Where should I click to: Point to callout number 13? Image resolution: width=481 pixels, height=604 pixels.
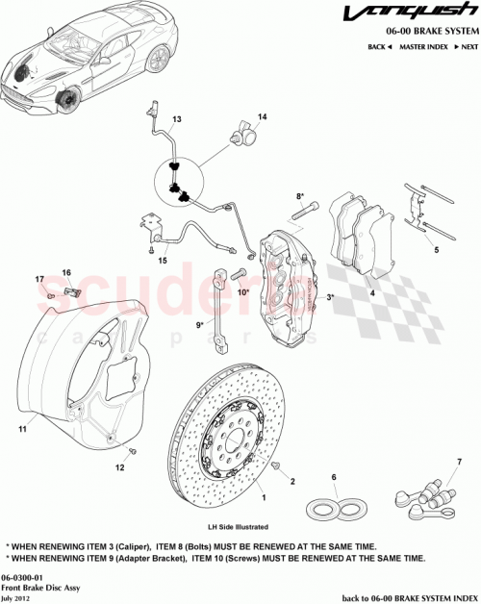176,120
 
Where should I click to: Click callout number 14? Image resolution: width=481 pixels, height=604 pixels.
263,116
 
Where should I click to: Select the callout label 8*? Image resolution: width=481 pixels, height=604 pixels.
300,196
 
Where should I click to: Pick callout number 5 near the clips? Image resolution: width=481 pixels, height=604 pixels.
436,250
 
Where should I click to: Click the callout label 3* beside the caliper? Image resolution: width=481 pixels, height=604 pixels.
331,298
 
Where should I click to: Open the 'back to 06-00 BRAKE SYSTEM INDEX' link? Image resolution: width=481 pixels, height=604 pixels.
400,596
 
